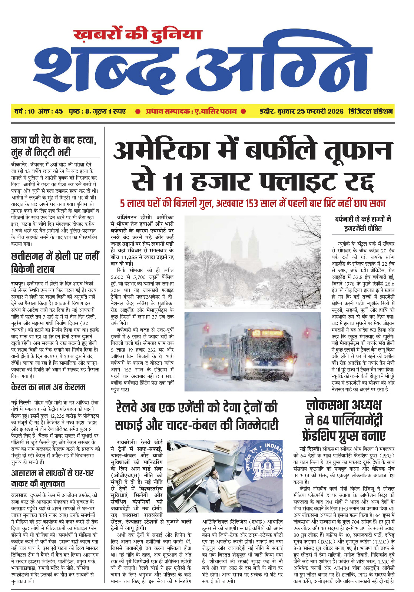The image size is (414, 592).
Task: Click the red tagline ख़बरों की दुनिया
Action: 138,34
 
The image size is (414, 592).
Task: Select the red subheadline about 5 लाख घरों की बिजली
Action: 252,203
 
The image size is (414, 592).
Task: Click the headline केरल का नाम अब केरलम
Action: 48,387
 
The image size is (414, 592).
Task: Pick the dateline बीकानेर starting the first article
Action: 19,164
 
